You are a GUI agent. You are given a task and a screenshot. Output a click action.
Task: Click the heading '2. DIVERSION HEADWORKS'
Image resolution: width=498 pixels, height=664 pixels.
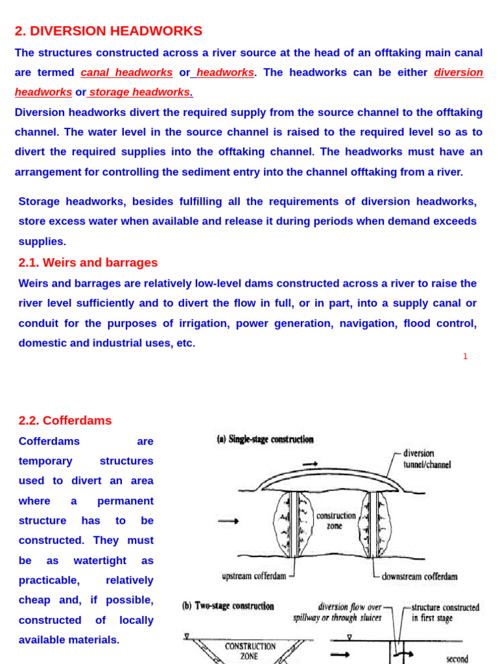(x=108, y=31)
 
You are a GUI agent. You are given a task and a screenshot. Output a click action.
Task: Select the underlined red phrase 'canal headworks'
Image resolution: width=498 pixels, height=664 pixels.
(x=126, y=73)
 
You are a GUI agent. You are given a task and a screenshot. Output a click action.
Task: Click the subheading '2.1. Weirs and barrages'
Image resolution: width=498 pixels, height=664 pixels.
(x=88, y=263)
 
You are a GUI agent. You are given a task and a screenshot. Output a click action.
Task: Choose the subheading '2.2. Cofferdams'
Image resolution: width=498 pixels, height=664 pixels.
(x=65, y=421)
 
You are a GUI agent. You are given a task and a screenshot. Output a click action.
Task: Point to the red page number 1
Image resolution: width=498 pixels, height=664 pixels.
(x=465, y=357)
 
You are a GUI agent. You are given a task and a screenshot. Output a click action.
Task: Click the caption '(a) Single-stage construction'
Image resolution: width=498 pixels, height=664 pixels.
(x=265, y=440)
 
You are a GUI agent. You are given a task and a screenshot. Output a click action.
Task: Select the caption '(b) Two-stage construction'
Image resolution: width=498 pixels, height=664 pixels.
(x=228, y=606)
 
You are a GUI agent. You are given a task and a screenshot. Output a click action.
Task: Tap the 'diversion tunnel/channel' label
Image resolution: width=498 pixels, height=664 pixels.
(x=426, y=459)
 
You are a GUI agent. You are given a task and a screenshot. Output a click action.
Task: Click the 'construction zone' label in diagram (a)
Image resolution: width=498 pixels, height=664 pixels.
(x=336, y=521)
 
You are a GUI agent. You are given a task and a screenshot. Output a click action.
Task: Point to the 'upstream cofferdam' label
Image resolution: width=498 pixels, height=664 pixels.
(x=254, y=576)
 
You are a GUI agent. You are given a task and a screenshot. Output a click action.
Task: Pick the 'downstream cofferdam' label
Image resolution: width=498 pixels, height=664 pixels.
(x=419, y=576)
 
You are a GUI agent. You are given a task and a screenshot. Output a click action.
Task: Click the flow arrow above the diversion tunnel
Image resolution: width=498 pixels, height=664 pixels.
(x=310, y=464)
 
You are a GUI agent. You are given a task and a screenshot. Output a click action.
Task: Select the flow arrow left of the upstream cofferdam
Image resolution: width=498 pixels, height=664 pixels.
(x=228, y=521)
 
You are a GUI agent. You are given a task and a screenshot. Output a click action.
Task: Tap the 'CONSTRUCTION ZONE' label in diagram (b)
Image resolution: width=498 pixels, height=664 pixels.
(x=250, y=651)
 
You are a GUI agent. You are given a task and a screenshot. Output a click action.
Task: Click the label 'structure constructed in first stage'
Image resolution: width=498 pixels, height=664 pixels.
(x=445, y=613)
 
